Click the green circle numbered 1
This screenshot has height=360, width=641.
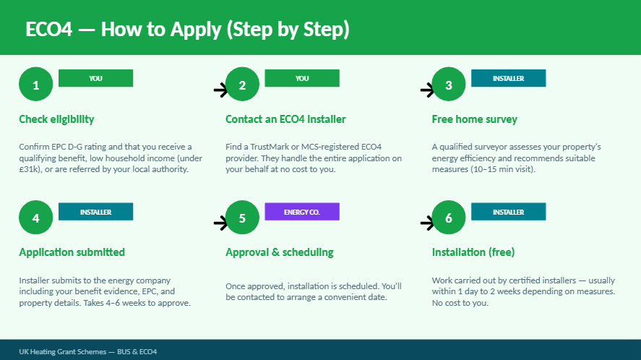(36, 85)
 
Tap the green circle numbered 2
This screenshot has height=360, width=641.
(242, 85)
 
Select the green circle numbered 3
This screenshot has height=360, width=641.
(449, 85)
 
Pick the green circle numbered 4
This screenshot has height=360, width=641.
(36, 217)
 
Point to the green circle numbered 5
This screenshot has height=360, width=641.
(242, 217)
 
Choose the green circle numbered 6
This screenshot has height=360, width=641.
(449, 217)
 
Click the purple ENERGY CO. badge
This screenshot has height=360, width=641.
(302, 212)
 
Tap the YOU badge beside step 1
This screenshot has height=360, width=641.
(95, 78)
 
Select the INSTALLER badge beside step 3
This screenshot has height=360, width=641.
(509, 78)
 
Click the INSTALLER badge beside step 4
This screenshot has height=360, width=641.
(95, 212)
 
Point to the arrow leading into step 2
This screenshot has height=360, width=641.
(220, 90)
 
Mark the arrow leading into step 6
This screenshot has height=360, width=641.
(427, 223)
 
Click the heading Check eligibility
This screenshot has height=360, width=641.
(56, 119)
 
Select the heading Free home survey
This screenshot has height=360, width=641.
(475, 119)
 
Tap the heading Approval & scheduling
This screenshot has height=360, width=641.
(280, 252)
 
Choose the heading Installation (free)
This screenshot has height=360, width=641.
(473, 252)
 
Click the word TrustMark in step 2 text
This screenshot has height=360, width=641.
(270, 147)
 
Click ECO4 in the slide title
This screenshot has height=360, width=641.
(49, 30)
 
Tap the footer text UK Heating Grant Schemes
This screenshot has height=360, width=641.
(63, 352)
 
